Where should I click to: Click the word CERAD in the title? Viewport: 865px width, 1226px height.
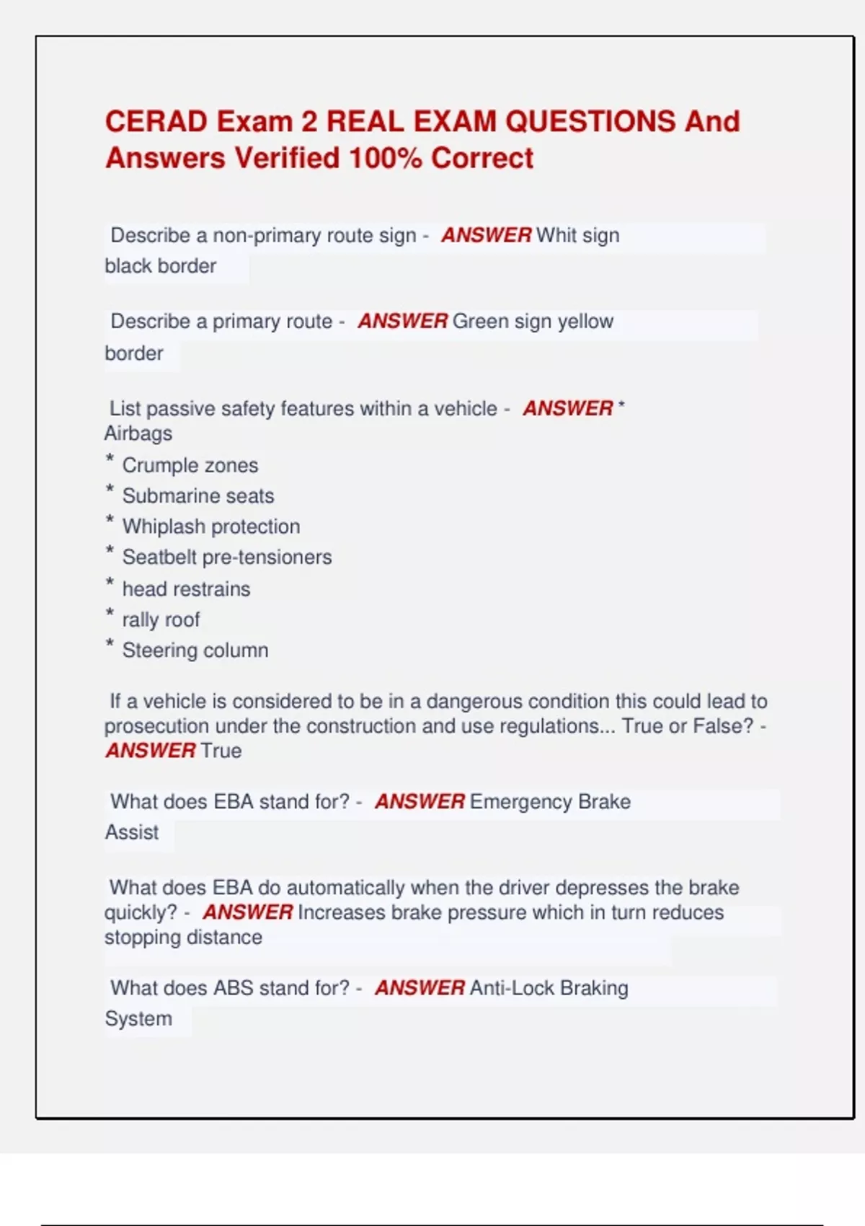click(x=157, y=121)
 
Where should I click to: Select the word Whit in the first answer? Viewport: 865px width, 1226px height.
click(x=556, y=236)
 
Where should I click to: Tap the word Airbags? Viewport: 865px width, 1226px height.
click(x=138, y=433)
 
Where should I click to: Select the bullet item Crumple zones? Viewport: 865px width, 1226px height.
click(x=190, y=465)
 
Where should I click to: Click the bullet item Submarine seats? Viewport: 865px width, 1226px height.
click(x=198, y=496)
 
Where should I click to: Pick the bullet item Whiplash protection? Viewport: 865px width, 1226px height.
click(x=211, y=526)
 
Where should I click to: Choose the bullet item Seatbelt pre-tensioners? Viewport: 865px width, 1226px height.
click(x=227, y=557)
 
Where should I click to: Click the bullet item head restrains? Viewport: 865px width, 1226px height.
click(x=187, y=589)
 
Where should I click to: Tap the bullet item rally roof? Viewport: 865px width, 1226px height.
click(x=161, y=620)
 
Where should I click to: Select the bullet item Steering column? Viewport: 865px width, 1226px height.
click(x=195, y=651)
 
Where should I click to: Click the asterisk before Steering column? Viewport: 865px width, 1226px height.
click(x=110, y=644)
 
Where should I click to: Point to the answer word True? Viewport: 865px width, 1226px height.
click(x=221, y=751)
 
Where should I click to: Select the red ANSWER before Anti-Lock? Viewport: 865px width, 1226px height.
click(x=420, y=988)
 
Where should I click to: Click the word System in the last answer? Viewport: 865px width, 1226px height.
click(x=138, y=1019)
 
